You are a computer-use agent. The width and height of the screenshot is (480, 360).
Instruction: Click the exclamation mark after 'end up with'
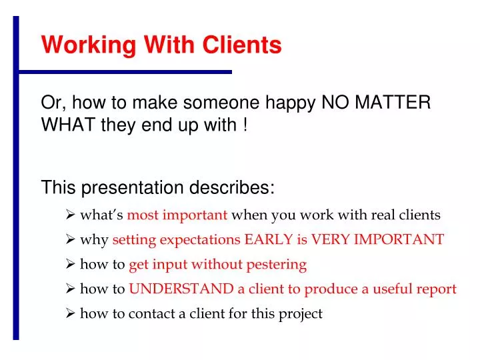(x=245, y=125)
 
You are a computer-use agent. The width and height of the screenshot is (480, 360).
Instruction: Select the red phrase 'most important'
(x=177, y=215)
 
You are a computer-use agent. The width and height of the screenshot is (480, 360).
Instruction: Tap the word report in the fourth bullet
(x=438, y=289)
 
